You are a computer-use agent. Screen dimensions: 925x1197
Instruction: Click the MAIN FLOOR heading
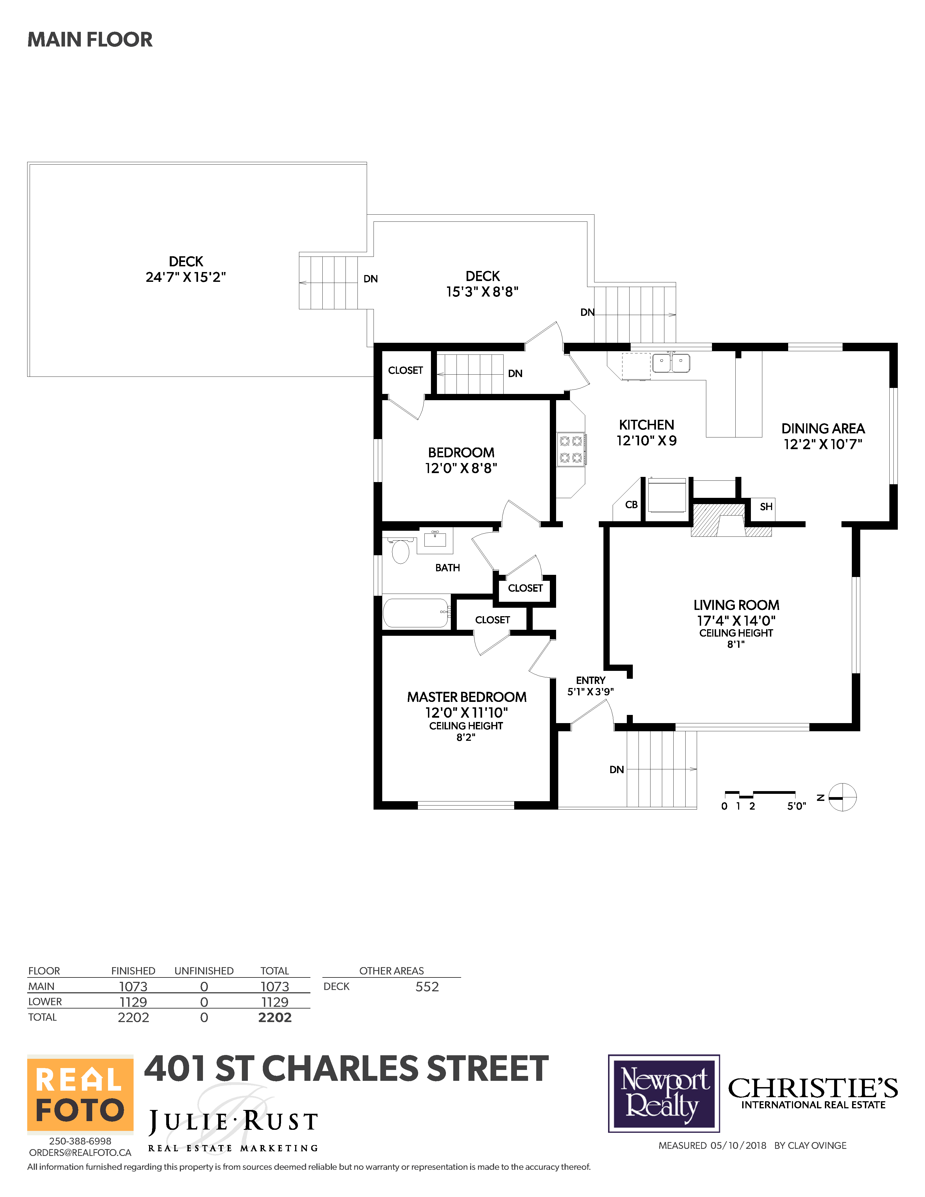click(90, 39)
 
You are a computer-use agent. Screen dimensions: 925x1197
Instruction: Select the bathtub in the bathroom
click(417, 613)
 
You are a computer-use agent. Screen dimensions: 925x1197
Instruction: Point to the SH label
click(766, 507)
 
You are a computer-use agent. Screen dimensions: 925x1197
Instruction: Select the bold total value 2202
click(275, 1017)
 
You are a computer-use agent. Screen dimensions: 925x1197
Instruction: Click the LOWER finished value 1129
click(133, 1002)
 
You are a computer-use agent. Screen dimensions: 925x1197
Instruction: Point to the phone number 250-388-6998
click(80, 1140)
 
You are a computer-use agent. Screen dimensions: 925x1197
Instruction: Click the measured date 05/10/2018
click(738, 1145)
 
